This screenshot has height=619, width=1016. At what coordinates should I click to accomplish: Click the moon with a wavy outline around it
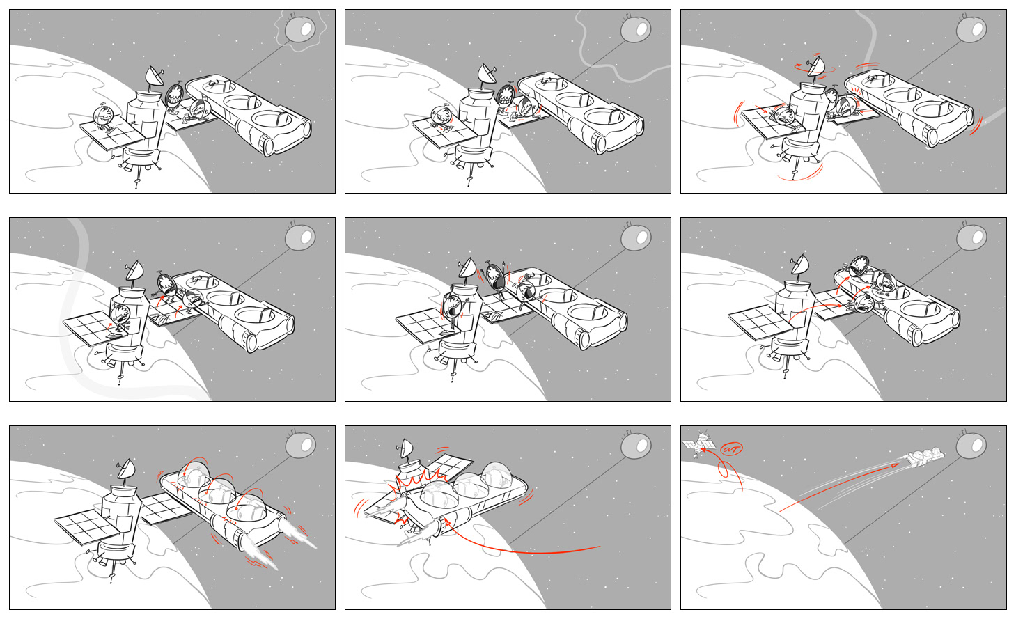tap(300, 30)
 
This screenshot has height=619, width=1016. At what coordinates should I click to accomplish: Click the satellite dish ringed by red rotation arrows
tap(814, 66)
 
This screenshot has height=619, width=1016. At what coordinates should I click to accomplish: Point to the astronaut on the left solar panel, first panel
tap(104, 118)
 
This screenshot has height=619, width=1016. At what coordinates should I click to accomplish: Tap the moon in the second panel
tap(635, 30)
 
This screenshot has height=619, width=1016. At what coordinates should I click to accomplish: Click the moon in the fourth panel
tap(300, 238)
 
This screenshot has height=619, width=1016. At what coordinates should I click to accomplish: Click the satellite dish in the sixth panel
tap(799, 265)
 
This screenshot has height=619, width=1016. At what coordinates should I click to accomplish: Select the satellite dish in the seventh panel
tap(126, 471)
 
